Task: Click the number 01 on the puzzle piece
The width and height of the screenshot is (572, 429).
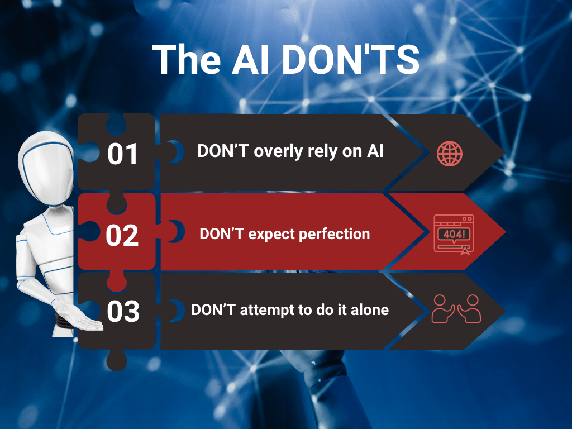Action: click(x=122, y=154)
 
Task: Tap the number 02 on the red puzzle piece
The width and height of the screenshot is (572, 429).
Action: click(x=122, y=235)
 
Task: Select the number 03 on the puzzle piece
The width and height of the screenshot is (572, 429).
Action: click(x=123, y=312)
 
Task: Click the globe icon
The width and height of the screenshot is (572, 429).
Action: click(x=450, y=154)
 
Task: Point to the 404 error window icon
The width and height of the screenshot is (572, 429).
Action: click(x=454, y=234)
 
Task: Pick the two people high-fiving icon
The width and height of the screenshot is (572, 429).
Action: click(x=456, y=308)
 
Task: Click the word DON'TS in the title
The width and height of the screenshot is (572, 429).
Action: click(x=351, y=59)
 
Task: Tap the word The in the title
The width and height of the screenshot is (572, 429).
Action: click(x=187, y=59)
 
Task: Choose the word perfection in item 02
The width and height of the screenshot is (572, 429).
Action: click(x=335, y=235)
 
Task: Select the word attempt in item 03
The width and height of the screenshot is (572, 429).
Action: click(x=267, y=311)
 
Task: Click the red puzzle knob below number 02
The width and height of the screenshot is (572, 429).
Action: click(x=117, y=282)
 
